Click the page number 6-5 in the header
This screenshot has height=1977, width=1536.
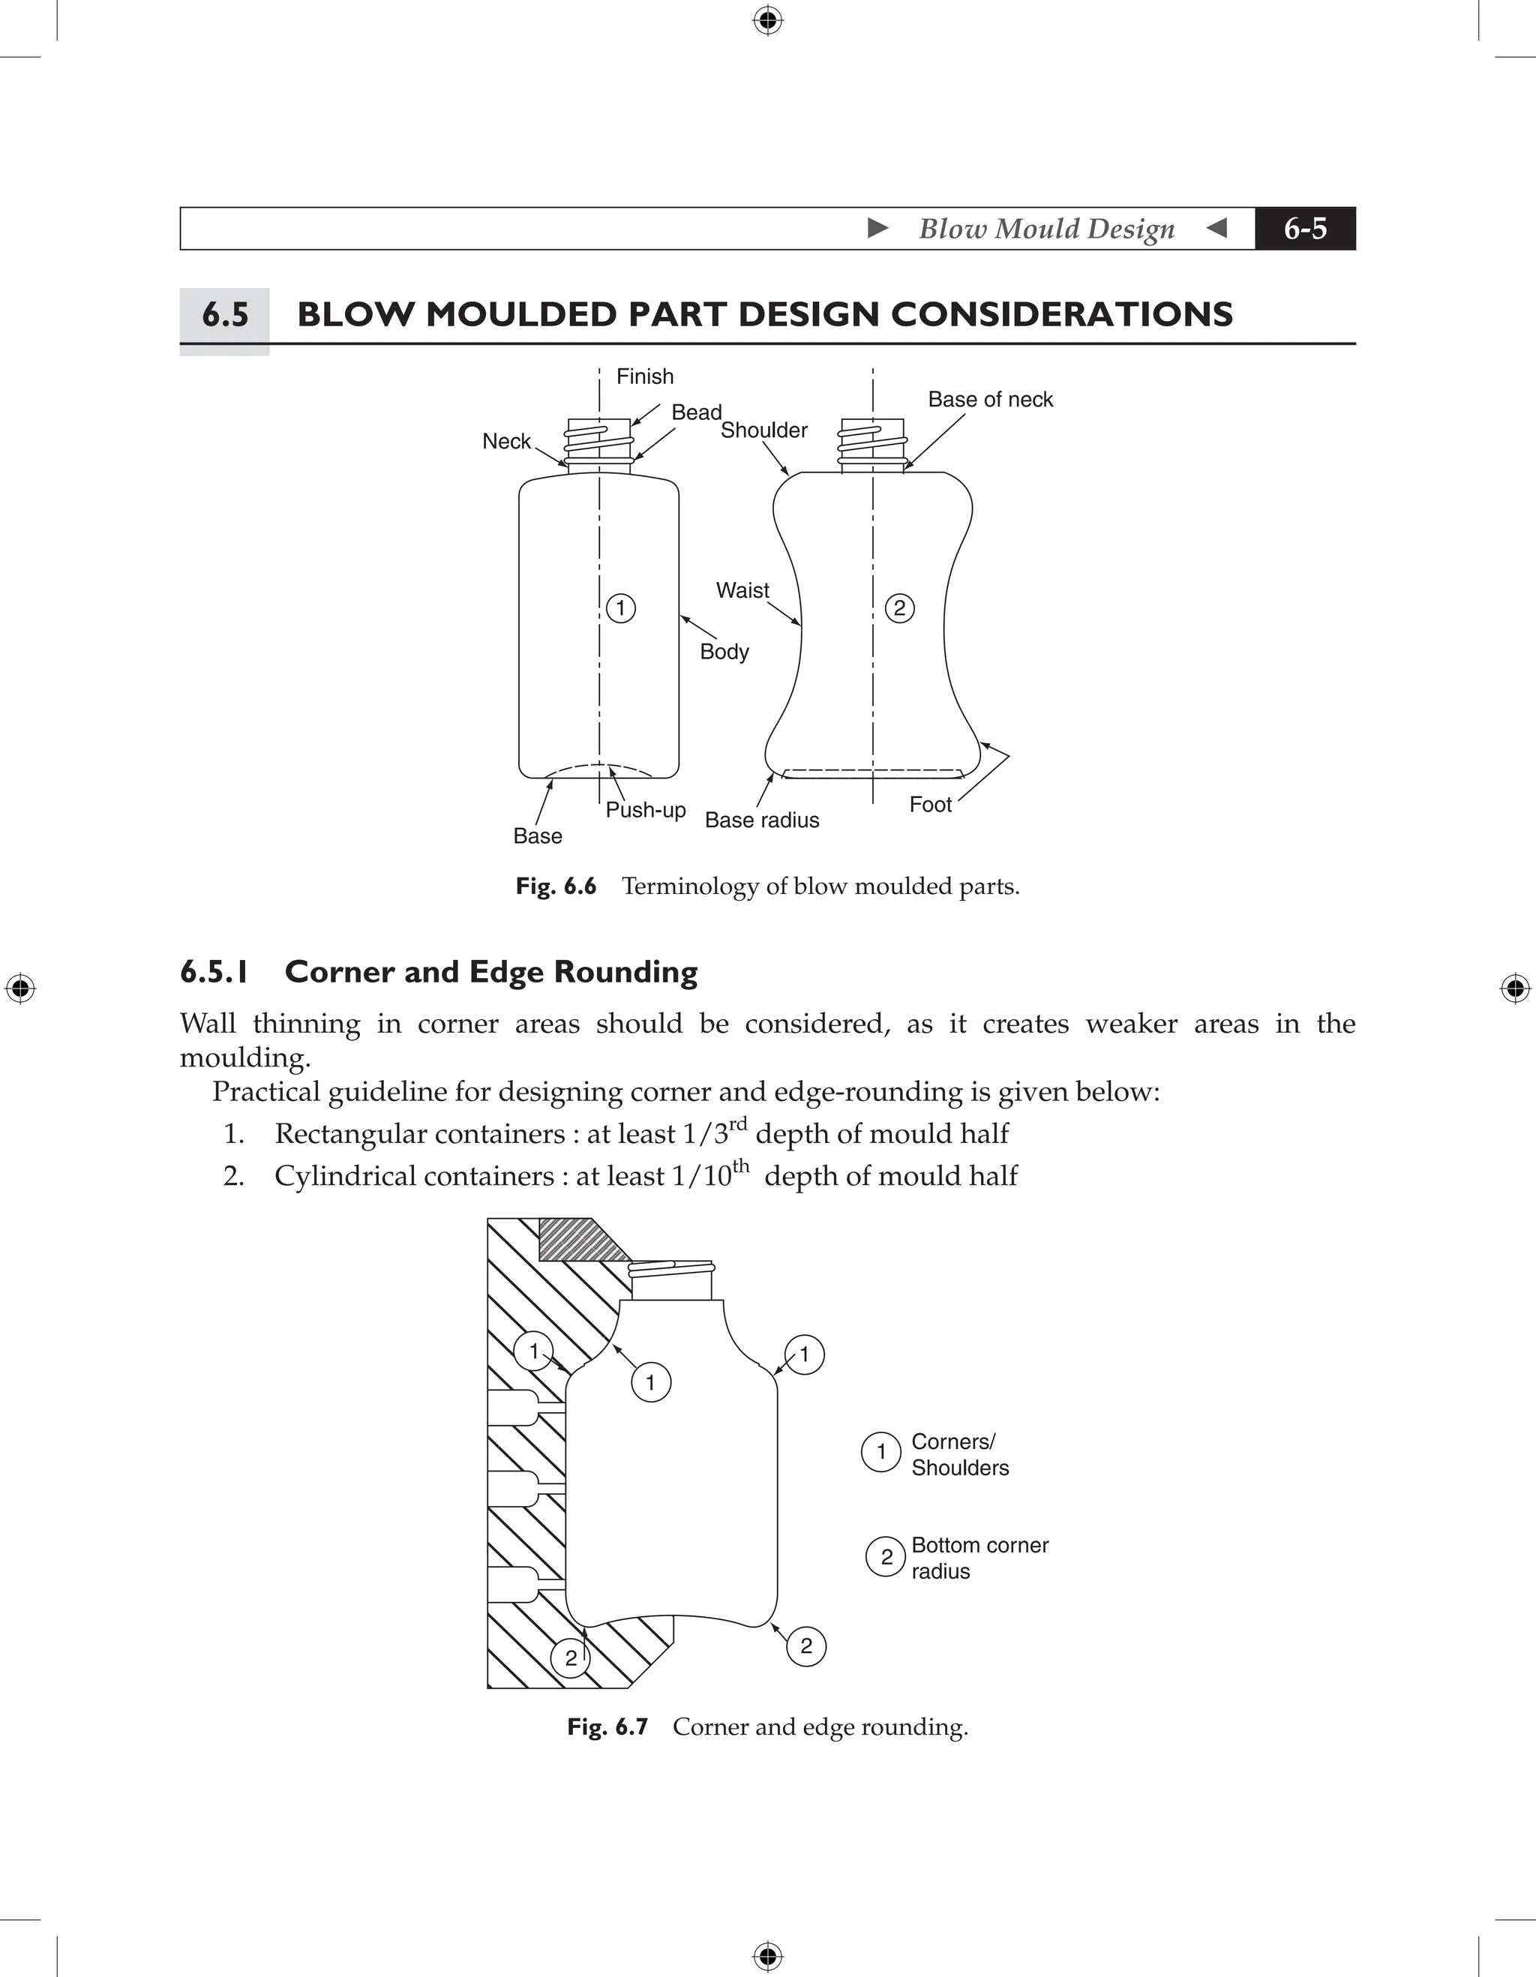pos(1304,229)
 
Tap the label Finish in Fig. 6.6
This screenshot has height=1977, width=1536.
pos(644,376)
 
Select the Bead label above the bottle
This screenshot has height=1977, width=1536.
pos(696,412)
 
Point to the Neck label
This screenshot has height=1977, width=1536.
pos(506,442)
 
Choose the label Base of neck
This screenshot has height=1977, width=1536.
pos(990,400)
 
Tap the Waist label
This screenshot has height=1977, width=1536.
pos(742,591)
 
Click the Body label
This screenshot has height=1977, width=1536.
pos(724,652)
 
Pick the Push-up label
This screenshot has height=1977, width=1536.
pos(645,810)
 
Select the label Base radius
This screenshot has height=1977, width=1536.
pos(762,821)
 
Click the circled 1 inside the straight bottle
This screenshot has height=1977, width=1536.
pos(621,607)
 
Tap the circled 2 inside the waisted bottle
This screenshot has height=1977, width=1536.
pos(898,607)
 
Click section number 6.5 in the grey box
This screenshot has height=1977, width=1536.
pos(224,315)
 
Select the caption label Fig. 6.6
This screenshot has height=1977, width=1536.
pos(556,886)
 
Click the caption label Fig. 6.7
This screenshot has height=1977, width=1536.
pos(607,1727)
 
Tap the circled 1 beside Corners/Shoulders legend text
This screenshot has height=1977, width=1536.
pos(880,1453)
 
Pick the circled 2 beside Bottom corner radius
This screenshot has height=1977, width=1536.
pos(886,1556)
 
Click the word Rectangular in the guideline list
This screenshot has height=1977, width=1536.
pos(350,1134)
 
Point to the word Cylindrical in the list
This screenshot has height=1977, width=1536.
pos(345,1177)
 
